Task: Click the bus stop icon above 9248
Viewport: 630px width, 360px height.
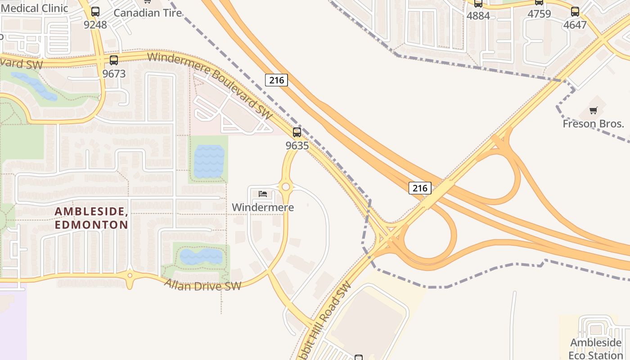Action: pos(95,12)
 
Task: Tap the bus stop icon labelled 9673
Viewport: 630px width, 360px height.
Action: pos(114,60)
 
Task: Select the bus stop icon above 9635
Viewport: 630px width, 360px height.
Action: pos(297,132)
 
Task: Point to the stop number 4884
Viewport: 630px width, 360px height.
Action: pos(478,16)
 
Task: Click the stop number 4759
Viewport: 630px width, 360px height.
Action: pos(539,14)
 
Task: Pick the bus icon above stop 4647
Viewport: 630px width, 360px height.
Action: pos(575,12)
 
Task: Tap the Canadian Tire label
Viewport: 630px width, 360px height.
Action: pos(148,13)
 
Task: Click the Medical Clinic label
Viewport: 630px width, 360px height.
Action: pos(34,8)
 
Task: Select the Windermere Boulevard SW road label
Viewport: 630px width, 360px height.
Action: pos(210,86)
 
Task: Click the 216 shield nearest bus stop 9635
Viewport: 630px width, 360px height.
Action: pos(276,80)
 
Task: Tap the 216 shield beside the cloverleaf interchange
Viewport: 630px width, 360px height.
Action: pos(420,188)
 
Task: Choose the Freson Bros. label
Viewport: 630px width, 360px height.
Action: pos(594,124)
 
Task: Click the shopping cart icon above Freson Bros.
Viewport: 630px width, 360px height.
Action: pos(594,110)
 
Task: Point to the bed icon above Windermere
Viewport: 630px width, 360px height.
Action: pos(263,194)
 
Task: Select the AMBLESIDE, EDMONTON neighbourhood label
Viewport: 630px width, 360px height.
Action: pos(91,218)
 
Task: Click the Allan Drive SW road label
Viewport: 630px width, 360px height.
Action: pos(202,285)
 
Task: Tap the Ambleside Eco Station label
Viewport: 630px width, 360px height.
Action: pos(596,349)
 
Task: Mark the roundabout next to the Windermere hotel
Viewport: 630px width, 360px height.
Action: pos(285,187)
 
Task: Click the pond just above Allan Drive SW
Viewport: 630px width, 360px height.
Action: pos(201,256)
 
